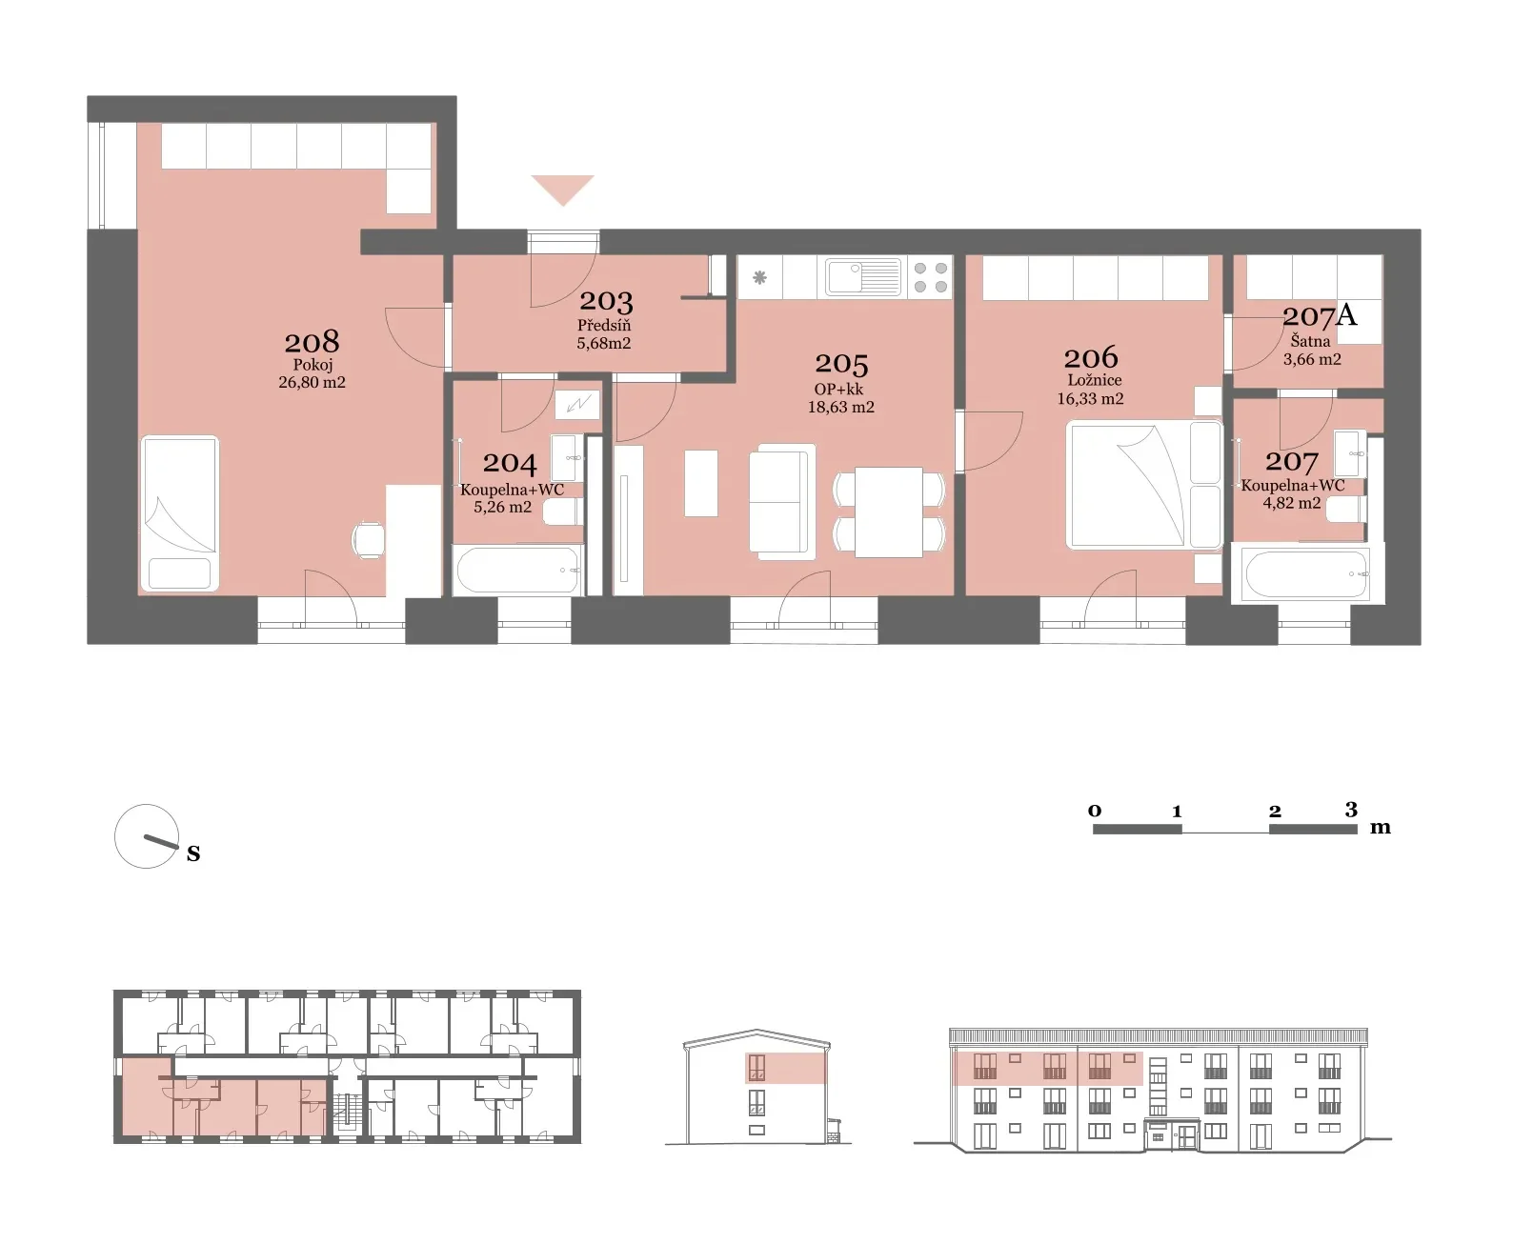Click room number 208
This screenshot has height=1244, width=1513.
[313, 342]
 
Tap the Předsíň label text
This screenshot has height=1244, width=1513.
[604, 325]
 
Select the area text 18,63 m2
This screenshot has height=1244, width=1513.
[840, 407]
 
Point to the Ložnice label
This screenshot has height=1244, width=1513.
[1094, 380]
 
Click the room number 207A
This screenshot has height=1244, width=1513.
[1320, 315]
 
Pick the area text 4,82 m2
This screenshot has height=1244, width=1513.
[1291, 503]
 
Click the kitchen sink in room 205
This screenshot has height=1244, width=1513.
[863, 277]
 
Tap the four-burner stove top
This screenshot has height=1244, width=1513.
[931, 277]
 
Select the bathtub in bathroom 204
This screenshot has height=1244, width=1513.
[518, 570]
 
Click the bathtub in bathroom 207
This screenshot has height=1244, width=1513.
[1306, 573]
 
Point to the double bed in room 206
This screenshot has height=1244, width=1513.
[1143, 485]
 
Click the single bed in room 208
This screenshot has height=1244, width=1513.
[179, 513]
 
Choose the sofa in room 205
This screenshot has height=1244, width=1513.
[782, 501]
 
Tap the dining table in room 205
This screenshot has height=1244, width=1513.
[889, 512]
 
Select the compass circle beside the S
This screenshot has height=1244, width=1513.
[147, 835]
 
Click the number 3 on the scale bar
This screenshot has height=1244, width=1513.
[1351, 810]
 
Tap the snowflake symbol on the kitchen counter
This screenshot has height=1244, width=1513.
[759, 277]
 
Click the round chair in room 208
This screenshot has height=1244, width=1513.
[368, 540]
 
